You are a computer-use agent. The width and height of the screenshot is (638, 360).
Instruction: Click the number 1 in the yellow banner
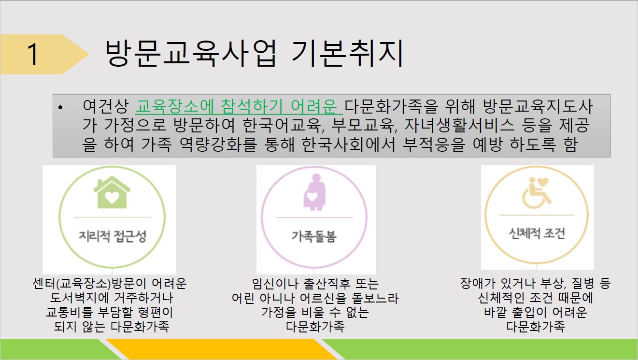33,54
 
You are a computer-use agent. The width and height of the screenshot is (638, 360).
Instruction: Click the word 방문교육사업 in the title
191,54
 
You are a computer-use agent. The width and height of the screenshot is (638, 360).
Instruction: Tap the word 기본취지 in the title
347,54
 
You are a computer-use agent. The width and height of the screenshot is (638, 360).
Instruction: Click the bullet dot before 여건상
60,107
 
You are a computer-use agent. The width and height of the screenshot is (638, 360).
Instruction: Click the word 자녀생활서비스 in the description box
459,126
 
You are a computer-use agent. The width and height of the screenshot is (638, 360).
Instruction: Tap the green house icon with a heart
112,192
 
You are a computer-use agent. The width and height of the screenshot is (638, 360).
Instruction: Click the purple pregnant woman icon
314,192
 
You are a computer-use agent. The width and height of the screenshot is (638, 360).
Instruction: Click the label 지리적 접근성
112,236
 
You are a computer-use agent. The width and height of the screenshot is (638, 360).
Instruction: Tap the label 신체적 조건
537,233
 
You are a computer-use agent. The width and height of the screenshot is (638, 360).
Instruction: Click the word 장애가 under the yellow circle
478,283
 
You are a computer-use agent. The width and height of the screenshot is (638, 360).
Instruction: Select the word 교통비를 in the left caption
69,312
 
